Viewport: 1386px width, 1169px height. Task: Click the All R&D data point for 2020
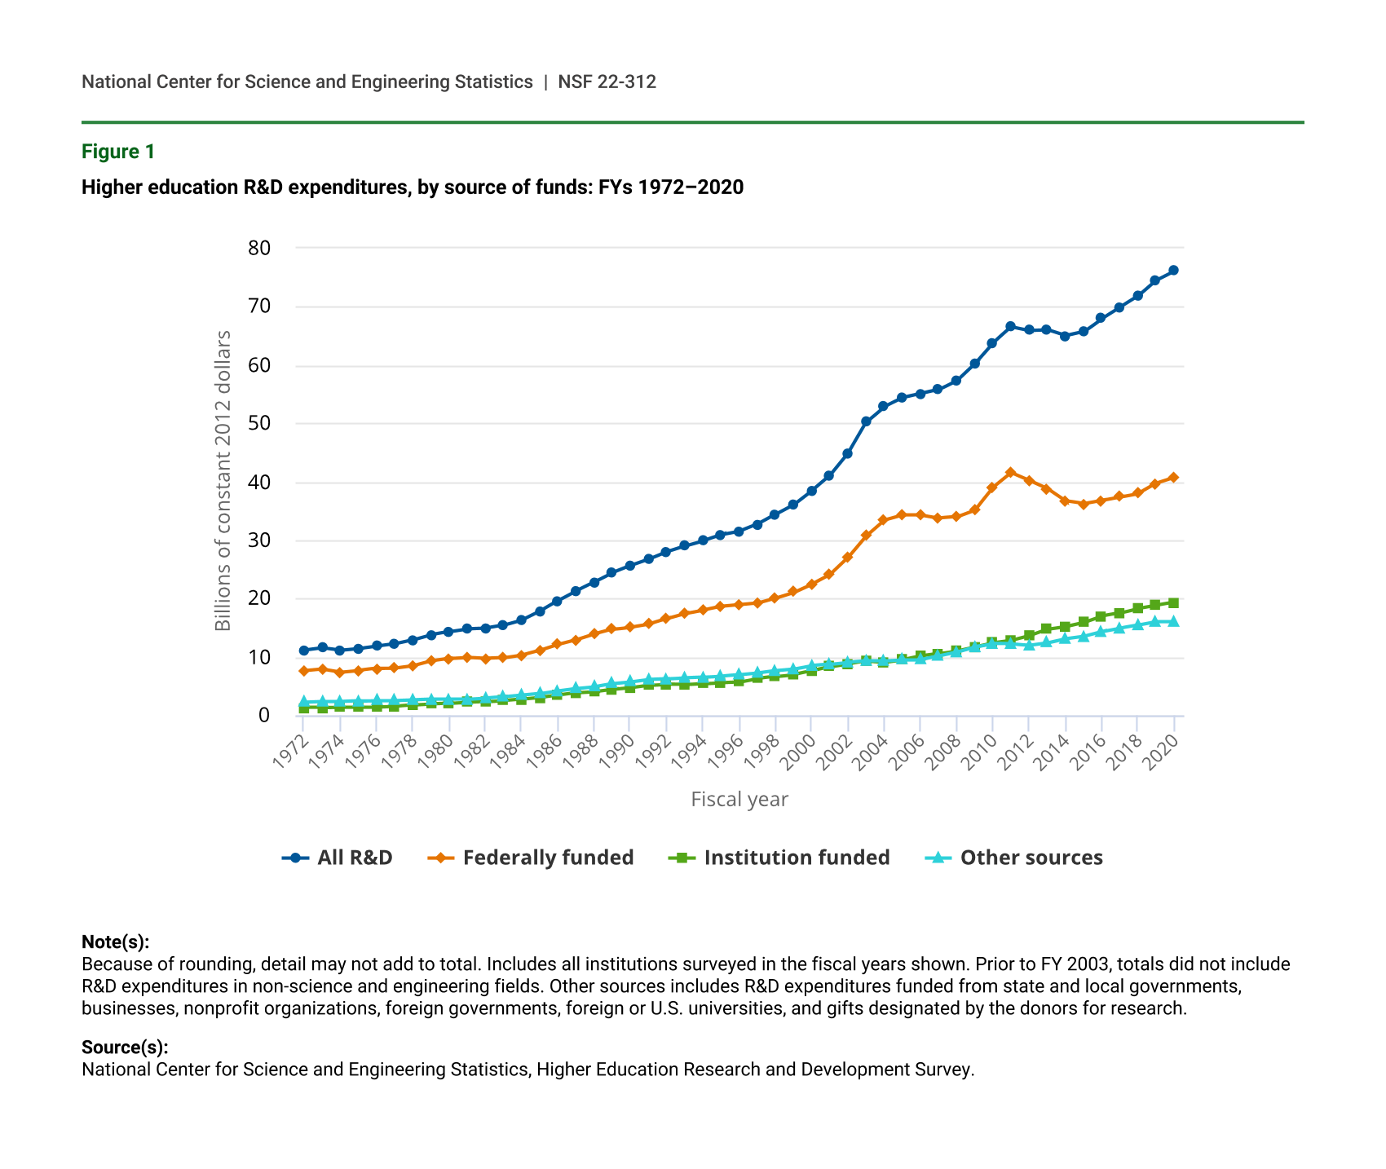click(1173, 271)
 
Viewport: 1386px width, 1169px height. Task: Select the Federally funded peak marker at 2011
click(1010, 472)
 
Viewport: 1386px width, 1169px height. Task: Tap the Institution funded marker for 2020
click(1173, 603)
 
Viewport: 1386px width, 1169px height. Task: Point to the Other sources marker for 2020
click(1173, 621)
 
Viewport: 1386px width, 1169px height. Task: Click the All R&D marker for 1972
click(303, 651)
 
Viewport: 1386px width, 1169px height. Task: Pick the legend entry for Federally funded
click(531, 858)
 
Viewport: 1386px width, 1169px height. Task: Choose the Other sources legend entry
click(1014, 858)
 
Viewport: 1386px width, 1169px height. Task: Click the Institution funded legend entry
click(779, 858)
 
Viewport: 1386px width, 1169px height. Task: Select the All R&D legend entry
click(338, 858)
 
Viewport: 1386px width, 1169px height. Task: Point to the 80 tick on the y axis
click(258, 248)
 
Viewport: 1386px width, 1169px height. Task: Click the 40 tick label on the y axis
click(258, 483)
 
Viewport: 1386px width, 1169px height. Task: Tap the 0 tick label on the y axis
click(263, 716)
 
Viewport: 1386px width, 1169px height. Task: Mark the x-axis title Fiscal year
click(739, 799)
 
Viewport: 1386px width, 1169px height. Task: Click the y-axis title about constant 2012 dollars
click(223, 481)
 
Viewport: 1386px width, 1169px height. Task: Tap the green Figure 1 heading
click(118, 152)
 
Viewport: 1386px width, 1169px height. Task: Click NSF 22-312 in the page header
click(607, 82)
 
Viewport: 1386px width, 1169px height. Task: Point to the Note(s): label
click(116, 942)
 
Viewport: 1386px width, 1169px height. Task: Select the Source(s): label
click(125, 1048)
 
